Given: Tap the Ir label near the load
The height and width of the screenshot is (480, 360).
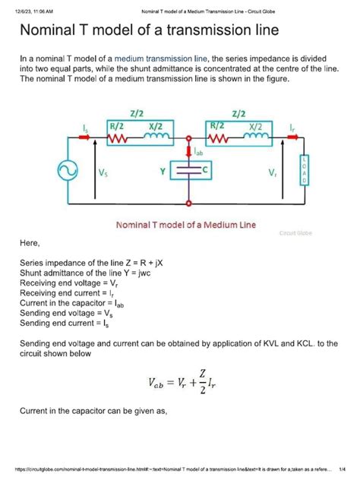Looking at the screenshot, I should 285,127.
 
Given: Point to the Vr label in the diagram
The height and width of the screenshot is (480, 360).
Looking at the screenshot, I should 273,174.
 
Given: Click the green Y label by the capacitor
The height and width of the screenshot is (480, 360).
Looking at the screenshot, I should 163,173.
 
